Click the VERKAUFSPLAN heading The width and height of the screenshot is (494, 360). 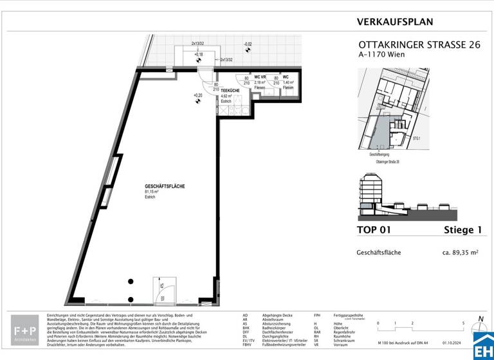pyautogui.click(x=395, y=22)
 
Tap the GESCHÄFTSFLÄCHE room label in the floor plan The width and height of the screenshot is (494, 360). pyautogui.click(x=165, y=186)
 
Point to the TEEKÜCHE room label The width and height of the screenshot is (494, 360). pyautogui.click(x=231, y=91)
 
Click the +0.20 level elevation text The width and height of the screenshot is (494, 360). pyautogui.click(x=198, y=95)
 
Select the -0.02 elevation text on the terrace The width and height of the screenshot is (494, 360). pyautogui.click(x=248, y=44)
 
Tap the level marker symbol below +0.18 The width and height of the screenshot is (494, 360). pyautogui.click(x=199, y=61)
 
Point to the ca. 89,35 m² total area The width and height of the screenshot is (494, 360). pyautogui.click(x=460, y=253)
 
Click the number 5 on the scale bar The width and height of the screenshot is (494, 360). pyautogui.click(x=463, y=323)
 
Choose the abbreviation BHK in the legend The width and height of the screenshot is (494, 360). pyautogui.click(x=245, y=327)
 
